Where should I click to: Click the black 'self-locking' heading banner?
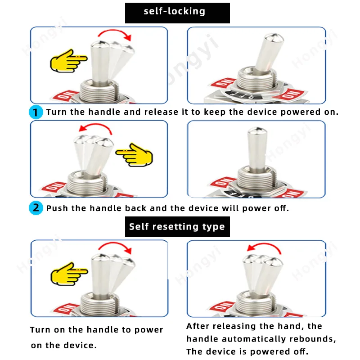pos(177,13)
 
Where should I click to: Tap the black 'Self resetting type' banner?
pos(177,227)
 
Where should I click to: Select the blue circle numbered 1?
pos(36,112)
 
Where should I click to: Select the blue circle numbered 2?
pos(36,208)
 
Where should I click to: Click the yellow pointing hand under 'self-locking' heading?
pos(68,61)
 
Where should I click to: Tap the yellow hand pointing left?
pos(134,155)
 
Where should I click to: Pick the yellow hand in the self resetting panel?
pos(69,274)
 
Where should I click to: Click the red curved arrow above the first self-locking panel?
pos(115,31)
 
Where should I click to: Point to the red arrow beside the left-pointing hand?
pos(95,125)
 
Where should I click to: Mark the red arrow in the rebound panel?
pos(264,244)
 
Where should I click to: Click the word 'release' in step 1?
pos(161,112)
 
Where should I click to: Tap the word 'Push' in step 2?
pos(57,208)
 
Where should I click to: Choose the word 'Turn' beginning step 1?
pos(57,112)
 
